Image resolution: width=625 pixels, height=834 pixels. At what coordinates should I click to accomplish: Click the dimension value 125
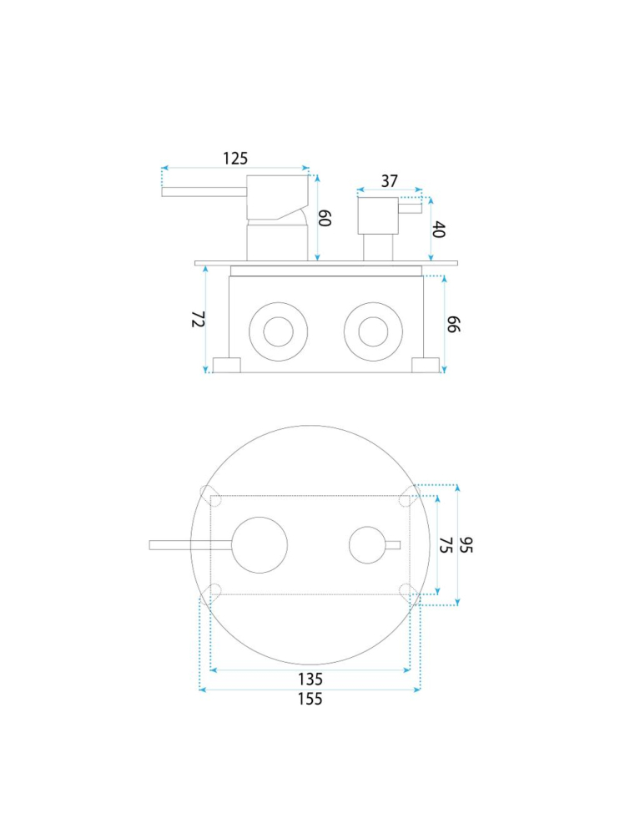click(x=235, y=159)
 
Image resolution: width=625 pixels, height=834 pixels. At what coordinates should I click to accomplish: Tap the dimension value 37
click(x=389, y=181)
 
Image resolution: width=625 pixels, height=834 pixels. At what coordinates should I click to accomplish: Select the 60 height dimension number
click(x=325, y=218)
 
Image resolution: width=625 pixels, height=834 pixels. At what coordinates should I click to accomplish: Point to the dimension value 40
click(x=439, y=230)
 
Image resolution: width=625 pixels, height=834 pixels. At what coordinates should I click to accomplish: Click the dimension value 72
click(x=199, y=319)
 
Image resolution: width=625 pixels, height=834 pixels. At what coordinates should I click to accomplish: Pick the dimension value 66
click(x=453, y=324)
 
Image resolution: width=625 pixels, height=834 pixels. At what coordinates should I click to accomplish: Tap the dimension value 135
click(x=310, y=680)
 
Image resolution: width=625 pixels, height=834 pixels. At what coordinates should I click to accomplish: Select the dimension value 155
click(x=310, y=699)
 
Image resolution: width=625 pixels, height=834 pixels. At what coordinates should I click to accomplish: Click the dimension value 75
click(x=446, y=544)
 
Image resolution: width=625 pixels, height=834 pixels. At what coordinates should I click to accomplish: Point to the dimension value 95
click(x=466, y=544)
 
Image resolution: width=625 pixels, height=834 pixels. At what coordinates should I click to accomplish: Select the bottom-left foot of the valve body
click(x=227, y=365)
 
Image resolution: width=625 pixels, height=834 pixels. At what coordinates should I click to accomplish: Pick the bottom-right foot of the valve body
click(x=426, y=365)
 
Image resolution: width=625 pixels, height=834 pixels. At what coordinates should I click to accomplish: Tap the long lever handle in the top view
click(x=190, y=544)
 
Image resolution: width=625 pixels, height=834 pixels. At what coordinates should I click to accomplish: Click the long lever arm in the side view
click(x=204, y=192)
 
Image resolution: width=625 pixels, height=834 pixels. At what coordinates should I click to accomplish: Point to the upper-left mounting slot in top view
click(x=211, y=496)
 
